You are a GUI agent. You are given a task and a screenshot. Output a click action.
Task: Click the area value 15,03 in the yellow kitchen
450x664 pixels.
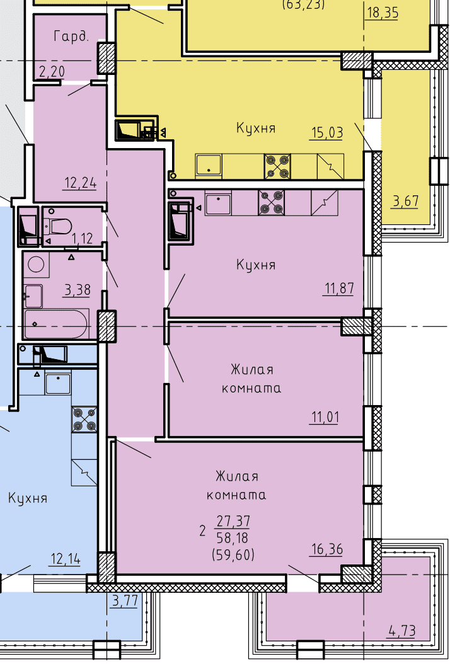coord(327,132)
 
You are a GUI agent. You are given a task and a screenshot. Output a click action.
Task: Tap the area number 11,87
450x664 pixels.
coord(338,289)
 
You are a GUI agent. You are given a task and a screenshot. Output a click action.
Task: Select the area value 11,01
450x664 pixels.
coord(325,418)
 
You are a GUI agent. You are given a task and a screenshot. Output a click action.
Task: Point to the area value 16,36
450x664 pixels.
coord(327,549)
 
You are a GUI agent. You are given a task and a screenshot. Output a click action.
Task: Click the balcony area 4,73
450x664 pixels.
coord(401,631)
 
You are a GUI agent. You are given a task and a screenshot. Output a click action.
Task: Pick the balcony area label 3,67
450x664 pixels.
coord(405,201)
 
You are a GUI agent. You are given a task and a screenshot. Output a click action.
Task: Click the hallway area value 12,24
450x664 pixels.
coord(80,183)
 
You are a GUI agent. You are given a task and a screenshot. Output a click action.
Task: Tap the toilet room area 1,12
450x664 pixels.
coord(82,238)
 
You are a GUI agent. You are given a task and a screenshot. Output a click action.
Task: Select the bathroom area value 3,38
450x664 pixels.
coord(77,290)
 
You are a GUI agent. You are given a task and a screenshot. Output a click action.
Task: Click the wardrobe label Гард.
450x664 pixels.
coord(72,37)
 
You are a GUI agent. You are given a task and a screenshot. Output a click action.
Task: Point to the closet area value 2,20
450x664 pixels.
coord(52,72)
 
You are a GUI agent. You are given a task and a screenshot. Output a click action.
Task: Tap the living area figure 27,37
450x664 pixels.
coord(233,520)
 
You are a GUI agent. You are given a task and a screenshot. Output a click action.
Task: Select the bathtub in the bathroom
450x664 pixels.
coord(56,324)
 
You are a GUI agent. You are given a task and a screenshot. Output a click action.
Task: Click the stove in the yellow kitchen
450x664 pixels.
coord(277,166)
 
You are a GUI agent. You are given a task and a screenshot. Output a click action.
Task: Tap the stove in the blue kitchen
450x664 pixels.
coord(84,419)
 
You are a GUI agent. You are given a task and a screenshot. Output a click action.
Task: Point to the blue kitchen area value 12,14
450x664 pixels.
coord(66,559)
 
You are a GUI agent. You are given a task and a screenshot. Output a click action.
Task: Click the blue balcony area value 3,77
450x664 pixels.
coord(125,601)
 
